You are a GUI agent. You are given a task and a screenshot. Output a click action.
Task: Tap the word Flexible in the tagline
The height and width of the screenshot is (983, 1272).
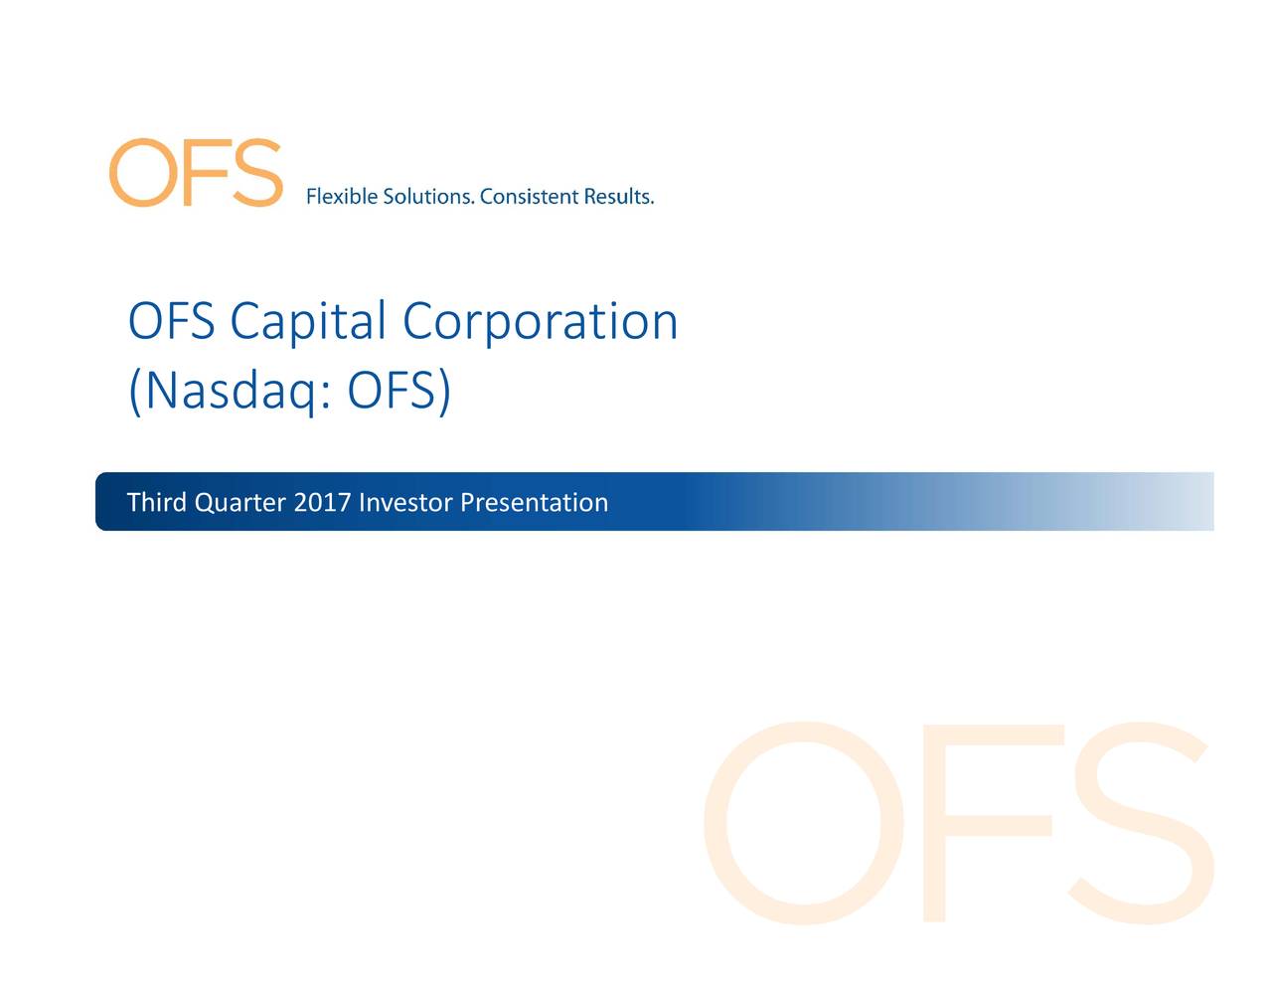(341, 197)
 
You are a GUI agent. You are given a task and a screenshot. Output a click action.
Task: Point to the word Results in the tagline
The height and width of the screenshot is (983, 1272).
(617, 197)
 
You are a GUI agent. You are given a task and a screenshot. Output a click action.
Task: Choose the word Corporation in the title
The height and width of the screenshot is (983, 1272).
(540, 322)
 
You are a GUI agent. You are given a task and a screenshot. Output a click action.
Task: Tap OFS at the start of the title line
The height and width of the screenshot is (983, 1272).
(171, 322)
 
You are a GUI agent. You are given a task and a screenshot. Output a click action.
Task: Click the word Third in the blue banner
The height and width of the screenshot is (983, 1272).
(157, 502)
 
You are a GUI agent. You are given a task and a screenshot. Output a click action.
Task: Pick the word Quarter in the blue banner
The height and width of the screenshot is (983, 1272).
(240, 503)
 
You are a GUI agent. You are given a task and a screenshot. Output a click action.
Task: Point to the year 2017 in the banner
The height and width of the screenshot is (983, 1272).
(322, 502)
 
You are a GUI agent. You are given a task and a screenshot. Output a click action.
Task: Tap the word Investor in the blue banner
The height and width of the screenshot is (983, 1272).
(405, 502)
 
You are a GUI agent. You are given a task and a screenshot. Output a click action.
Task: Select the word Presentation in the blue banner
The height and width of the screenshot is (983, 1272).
(535, 503)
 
